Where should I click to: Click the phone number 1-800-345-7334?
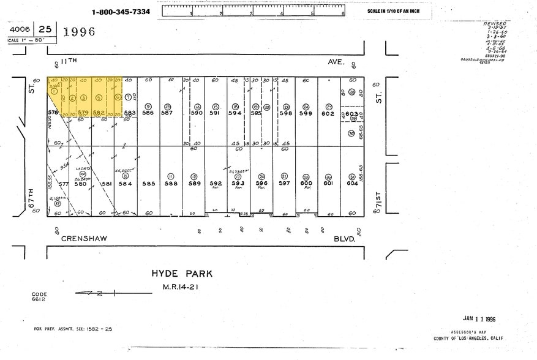coord(121,12)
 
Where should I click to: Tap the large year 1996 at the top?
coord(79,32)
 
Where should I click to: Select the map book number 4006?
coord(21,28)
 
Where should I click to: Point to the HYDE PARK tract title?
coord(182,274)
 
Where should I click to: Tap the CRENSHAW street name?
coord(84,239)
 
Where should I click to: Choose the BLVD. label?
coord(345,239)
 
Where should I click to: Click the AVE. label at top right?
coord(337,62)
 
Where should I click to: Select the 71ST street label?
coord(378,202)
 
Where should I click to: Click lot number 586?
coord(148,113)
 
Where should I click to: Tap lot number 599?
coord(306,113)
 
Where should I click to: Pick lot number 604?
coord(352,182)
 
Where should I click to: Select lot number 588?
coord(171,182)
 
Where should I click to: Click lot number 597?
coord(284,182)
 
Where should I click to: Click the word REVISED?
coord(495,23)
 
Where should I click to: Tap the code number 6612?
coord(39,299)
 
